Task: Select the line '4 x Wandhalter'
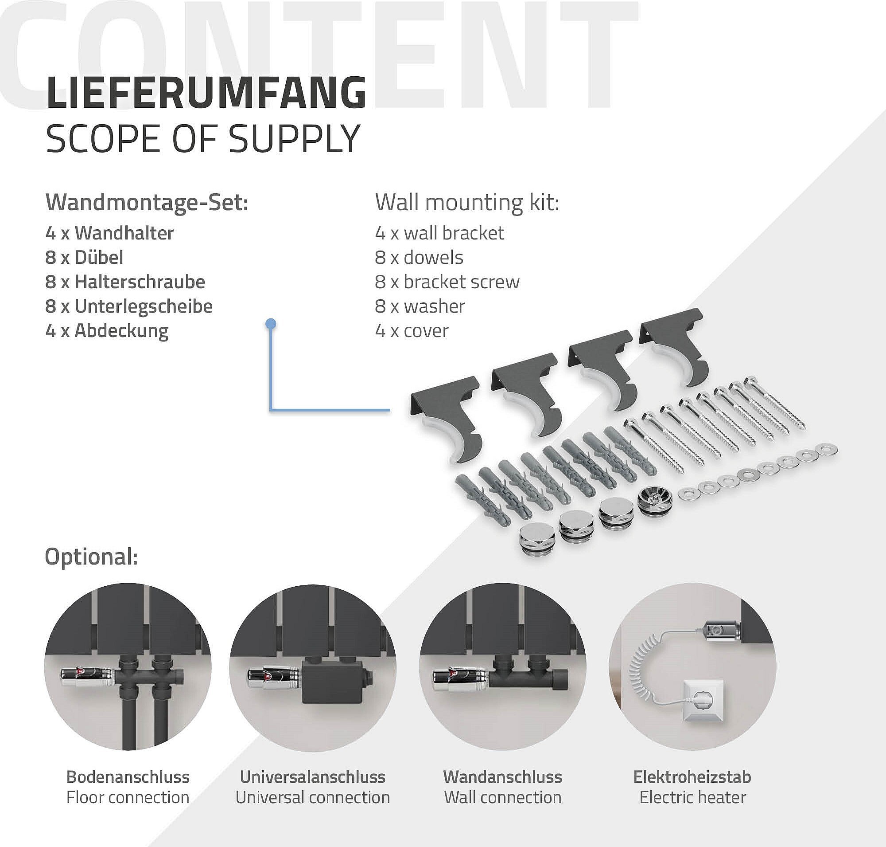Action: click(109, 233)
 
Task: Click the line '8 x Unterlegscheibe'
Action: click(129, 306)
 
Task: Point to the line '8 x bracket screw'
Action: click(447, 282)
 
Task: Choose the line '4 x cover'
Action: click(412, 331)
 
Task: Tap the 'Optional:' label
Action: click(91, 557)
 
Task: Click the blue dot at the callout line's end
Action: click(271, 323)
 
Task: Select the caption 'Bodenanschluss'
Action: click(128, 776)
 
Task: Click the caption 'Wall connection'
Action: click(502, 797)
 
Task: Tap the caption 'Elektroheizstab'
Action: click(692, 776)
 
